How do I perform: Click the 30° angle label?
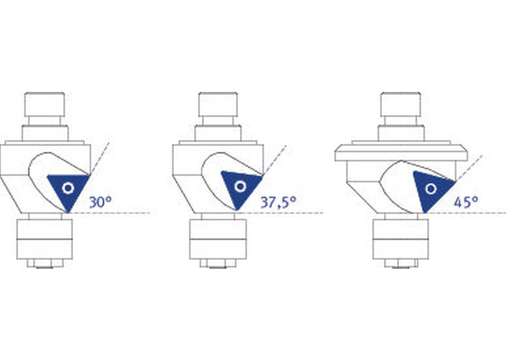pos(101,202)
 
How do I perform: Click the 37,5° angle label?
pos(278,203)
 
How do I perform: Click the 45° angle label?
pos(466,202)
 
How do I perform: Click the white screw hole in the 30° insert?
pos(68,188)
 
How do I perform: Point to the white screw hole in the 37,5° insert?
pos(240,186)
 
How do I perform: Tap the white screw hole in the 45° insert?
pos(431,188)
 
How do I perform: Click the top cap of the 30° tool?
pos(44,104)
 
